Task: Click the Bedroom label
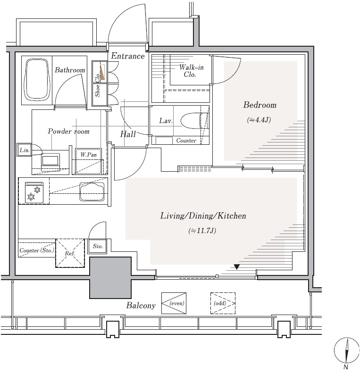click(x=260, y=105)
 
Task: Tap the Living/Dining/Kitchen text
click(x=203, y=216)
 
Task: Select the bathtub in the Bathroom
click(x=37, y=80)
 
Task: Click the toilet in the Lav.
click(x=194, y=120)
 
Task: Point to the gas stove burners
click(x=34, y=193)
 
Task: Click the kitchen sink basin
click(x=92, y=191)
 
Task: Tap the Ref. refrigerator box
click(x=70, y=253)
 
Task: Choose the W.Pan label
click(x=88, y=155)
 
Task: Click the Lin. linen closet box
click(x=25, y=150)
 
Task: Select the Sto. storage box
click(x=98, y=246)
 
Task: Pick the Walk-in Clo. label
click(x=191, y=71)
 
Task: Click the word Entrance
click(x=128, y=56)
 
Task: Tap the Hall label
click(x=128, y=134)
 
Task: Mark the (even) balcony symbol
click(x=174, y=303)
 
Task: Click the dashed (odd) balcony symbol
click(x=223, y=303)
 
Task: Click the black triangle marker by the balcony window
click(x=236, y=267)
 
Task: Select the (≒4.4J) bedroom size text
click(x=259, y=120)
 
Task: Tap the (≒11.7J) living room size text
click(x=202, y=231)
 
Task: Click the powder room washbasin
click(x=50, y=159)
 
